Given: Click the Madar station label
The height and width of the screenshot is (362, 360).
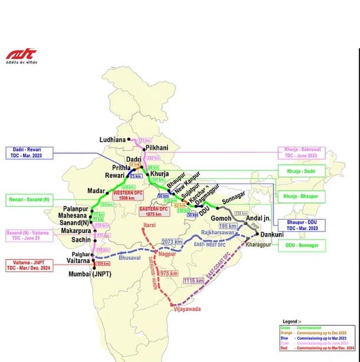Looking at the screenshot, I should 96,191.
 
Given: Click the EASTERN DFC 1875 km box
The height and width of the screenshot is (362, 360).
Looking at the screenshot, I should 153,211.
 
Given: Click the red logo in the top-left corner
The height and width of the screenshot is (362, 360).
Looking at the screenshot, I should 21,54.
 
